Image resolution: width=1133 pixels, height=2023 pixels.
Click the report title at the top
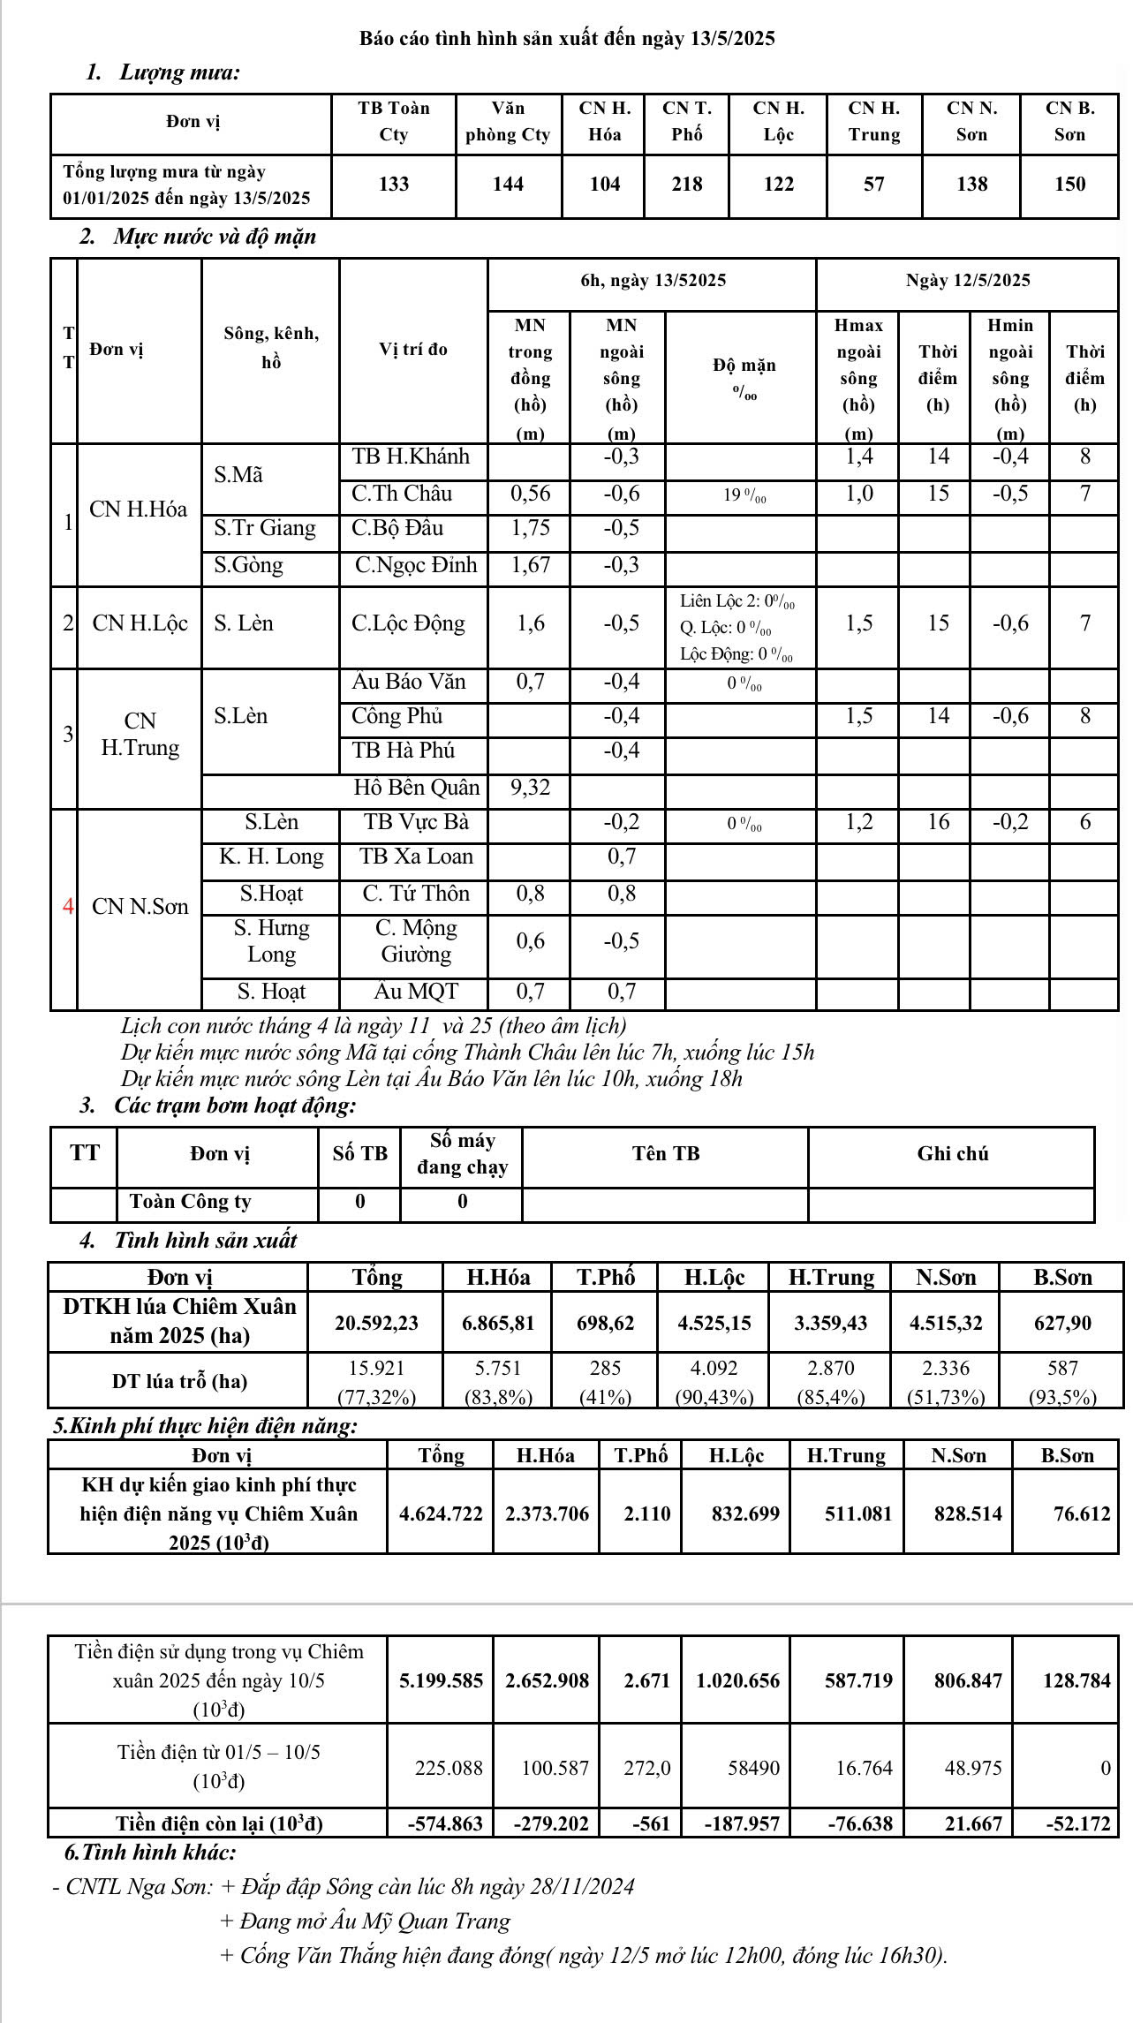click(x=566, y=39)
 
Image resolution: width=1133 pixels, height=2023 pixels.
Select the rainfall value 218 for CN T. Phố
click(x=686, y=185)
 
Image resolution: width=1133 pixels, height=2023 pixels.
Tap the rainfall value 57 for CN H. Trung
click(x=873, y=185)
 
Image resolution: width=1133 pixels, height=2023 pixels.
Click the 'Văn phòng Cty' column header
click(x=508, y=122)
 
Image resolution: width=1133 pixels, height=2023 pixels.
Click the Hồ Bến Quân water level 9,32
click(x=530, y=788)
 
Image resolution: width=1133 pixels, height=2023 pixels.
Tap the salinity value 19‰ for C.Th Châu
click(x=744, y=494)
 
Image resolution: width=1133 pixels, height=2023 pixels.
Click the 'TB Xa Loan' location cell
click(x=416, y=857)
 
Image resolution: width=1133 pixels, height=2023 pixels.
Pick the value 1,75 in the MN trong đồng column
click(x=530, y=528)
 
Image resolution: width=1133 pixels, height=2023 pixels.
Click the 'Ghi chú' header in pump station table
click(x=952, y=1154)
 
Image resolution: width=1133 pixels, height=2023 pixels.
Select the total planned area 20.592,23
click(x=376, y=1323)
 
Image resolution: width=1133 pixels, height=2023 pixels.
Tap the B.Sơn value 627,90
click(x=1062, y=1323)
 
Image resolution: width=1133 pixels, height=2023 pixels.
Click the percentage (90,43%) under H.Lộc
click(x=714, y=1397)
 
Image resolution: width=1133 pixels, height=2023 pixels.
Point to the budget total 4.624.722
click(x=441, y=1513)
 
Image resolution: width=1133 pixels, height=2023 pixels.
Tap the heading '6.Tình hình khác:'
click(x=150, y=1853)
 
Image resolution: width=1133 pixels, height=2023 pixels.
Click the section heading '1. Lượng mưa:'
click(x=162, y=72)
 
